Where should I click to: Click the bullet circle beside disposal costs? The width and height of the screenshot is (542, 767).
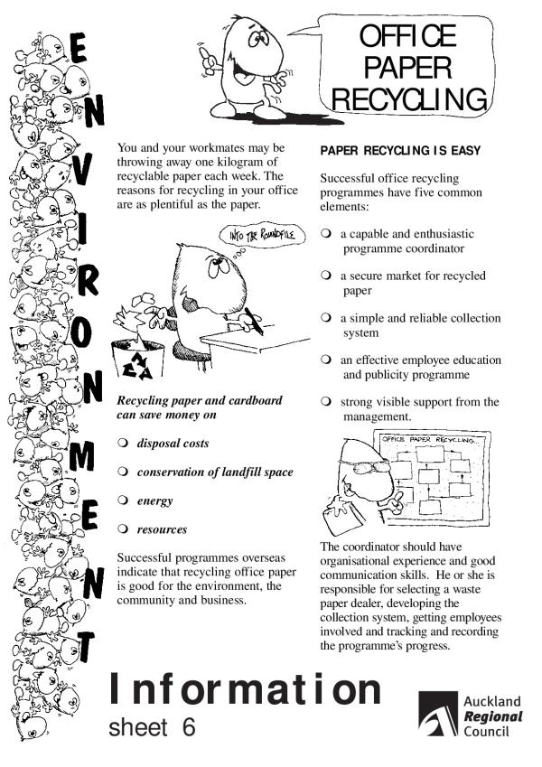(x=123, y=444)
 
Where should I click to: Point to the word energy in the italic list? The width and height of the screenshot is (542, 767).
(x=154, y=500)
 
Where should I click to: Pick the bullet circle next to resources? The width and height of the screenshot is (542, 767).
(x=123, y=529)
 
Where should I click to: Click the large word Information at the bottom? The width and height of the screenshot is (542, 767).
(x=245, y=689)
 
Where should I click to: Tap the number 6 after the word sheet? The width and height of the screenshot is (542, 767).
(x=188, y=727)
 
